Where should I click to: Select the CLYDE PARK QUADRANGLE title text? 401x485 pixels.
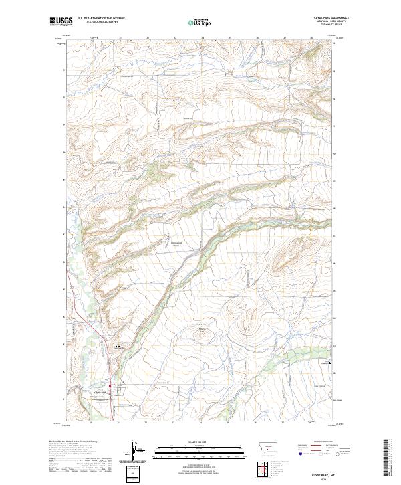pos(330,18)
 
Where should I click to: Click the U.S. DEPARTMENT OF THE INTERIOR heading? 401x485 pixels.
pos(101,19)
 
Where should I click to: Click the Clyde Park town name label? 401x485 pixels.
pos(102,391)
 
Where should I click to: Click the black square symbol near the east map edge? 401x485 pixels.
pos(328,363)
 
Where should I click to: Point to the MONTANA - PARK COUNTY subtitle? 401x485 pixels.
pos(330,22)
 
